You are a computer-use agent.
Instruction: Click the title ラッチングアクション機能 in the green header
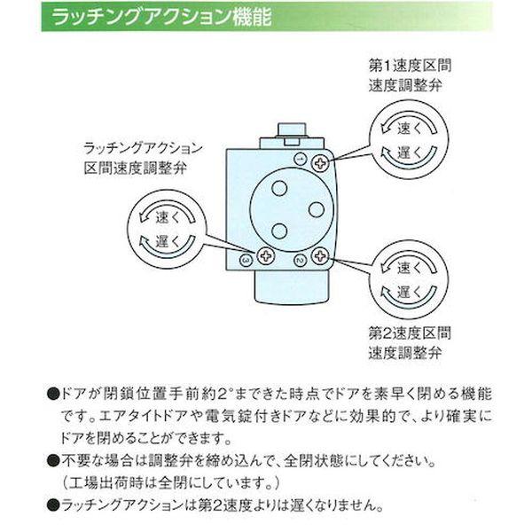tap(160, 17)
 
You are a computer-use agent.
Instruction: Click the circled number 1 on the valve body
tap(299, 158)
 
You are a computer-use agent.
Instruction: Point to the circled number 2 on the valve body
tap(299, 259)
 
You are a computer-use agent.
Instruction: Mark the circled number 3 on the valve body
tap(246, 260)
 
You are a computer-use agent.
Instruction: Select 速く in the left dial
tap(168, 216)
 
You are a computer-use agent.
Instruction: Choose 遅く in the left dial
tap(168, 239)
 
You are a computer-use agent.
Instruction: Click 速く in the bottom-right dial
tap(409, 267)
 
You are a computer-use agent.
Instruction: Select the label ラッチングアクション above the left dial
tap(143, 147)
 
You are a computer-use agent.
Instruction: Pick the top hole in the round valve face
tap(279, 188)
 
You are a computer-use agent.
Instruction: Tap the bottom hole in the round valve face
tap(279, 231)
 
